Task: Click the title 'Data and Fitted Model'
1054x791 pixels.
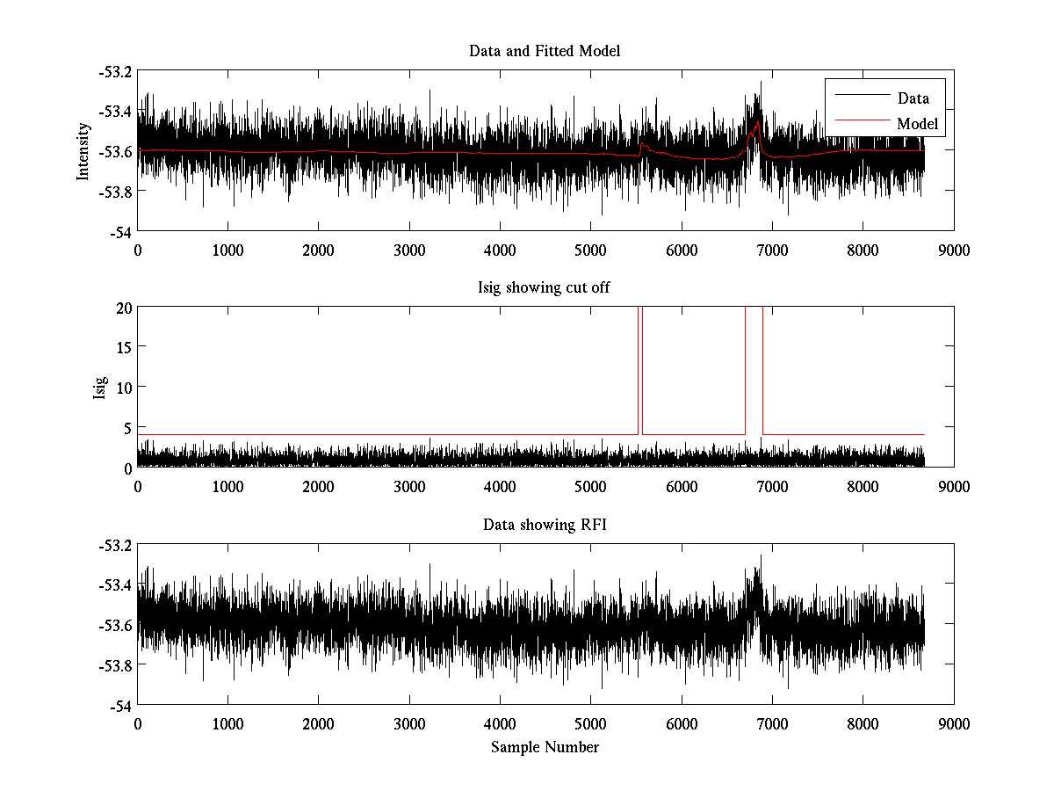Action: click(x=545, y=51)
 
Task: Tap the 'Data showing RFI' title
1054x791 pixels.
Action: click(x=545, y=526)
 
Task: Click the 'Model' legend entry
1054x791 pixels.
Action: click(x=918, y=124)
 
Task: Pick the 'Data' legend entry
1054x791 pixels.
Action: click(x=913, y=98)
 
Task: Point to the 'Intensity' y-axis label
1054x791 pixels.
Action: click(x=83, y=150)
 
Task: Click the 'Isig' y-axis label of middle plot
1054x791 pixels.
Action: click(x=100, y=388)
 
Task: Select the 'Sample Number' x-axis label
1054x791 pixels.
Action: click(x=545, y=747)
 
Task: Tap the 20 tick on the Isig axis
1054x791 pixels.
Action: click(x=123, y=307)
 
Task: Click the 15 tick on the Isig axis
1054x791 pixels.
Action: click(x=123, y=347)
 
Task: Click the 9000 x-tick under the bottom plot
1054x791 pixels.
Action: click(x=953, y=723)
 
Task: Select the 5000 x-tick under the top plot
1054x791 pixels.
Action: click(x=590, y=250)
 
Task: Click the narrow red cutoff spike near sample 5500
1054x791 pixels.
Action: click(x=639, y=369)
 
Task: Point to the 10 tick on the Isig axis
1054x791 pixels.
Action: click(x=123, y=388)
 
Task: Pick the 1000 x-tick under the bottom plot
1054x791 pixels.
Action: click(x=227, y=723)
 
